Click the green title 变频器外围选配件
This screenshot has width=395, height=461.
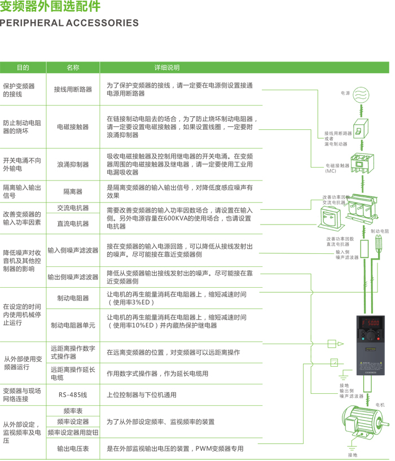click(51, 7)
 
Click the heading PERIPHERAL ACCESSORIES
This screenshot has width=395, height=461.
click(69, 23)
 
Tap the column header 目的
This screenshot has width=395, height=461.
click(23, 68)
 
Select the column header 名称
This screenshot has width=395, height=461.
click(73, 68)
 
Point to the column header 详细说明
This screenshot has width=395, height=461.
click(167, 68)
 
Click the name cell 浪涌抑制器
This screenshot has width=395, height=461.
click(73, 165)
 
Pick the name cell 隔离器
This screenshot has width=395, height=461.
click(73, 192)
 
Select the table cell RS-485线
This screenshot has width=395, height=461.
click(73, 395)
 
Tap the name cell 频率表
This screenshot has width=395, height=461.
click(73, 412)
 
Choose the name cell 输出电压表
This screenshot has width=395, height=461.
click(73, 449)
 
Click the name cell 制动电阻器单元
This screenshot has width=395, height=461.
click(73, 326)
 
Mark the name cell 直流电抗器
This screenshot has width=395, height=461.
click(73, 223)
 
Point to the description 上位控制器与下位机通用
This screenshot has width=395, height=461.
click(141, 395)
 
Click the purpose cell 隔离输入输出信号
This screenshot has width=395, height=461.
click(23, 191)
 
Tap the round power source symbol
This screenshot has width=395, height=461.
click(361, 94)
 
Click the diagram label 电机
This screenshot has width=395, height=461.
click(380, 405)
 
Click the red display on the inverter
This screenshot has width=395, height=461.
click(370, 322)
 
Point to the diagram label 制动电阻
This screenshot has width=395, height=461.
click(380, 231)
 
